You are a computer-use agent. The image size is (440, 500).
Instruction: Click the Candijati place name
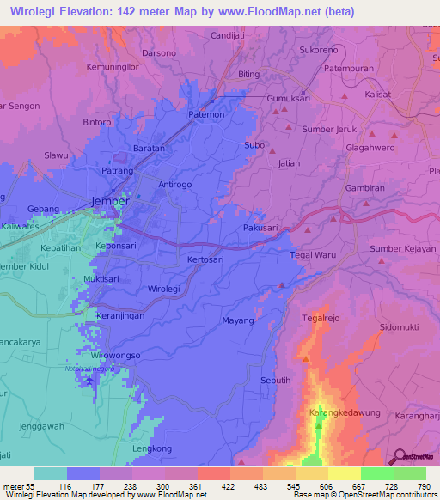pyautogui.click(x=230, y=36)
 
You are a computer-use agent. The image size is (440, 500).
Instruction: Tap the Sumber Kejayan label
pyautogui.click(x=397, y=249)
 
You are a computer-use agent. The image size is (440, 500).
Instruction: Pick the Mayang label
pyautogui.click(x=238, y=321)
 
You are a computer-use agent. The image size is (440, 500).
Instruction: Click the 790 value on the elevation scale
pyautogui.click(x=423, y=485)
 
